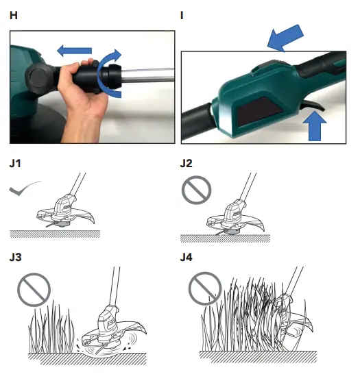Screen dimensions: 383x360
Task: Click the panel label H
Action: click(14, 15)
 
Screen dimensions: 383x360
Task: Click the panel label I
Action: click(182, 15)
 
